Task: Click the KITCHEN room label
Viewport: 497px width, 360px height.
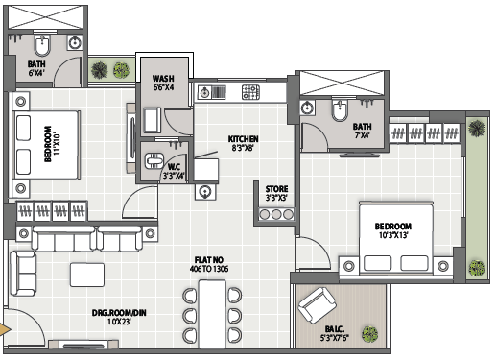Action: coord(243,139)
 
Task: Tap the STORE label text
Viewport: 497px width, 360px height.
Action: coord(276,189)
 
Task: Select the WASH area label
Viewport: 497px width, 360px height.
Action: coord(163,79)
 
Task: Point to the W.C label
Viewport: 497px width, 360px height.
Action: coord(174,167)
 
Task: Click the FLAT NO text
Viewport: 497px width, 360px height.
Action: coord(209,260)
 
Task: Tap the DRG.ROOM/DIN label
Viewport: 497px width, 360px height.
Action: coord(119,313)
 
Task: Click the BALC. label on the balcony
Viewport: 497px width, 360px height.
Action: coord(335,329)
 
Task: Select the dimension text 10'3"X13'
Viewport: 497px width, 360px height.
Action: coord(393,235)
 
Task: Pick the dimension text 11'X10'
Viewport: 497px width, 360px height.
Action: coord(57,144)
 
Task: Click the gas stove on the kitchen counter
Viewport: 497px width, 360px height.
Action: coord(250,92)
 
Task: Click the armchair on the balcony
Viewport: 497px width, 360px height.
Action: coord(317,305)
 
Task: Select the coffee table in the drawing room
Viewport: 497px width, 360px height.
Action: coord(87,275)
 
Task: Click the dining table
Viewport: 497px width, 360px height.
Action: coord(212,314)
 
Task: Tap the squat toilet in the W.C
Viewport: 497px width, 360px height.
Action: coord(154,160)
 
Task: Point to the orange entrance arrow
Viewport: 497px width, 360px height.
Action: coord(5,329)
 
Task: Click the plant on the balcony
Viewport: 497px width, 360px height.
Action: coord(370,334)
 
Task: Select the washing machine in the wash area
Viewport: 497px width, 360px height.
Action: coord(153,120)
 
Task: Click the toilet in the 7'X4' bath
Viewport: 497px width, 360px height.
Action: coord(340,110)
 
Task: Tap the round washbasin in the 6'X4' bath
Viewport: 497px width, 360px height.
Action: coord(75,42)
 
